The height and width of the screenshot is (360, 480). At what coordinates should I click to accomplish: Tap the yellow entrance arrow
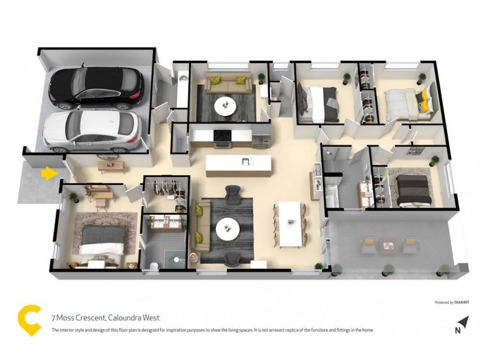49,174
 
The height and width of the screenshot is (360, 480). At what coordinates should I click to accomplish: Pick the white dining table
292,223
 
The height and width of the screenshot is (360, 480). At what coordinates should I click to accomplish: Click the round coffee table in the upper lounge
226,106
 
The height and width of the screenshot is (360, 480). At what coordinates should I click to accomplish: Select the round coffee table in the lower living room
228,227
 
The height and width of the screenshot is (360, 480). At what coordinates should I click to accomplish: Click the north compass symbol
458,327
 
